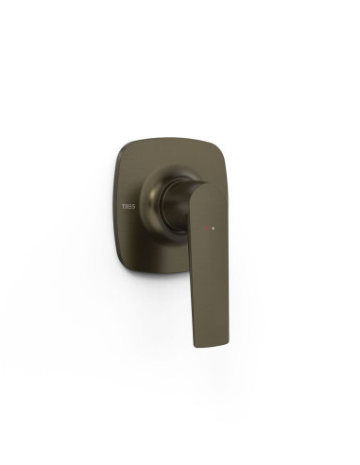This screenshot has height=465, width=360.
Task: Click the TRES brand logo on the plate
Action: [x=129, y=207]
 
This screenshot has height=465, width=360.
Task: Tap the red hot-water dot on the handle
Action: [x=208, y=228]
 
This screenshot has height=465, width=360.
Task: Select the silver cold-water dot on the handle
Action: [x=214, y=228]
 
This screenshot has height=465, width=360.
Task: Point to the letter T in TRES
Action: [x=124, y=207]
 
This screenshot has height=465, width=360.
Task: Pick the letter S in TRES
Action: [x=133, y=207]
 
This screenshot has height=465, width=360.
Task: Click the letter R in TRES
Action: [x=127, y=207]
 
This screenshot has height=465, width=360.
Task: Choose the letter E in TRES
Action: [x=130, y=207]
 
